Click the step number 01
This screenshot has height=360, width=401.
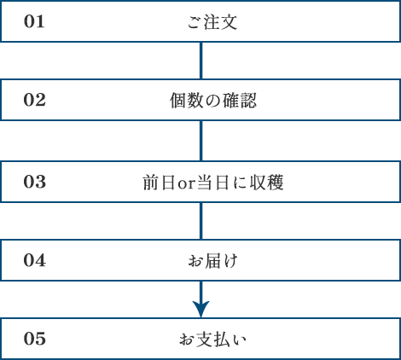point(34,21)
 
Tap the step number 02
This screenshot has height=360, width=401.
point(34,100)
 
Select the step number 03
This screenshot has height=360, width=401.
point(34,182)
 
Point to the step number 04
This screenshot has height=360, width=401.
point(34,260)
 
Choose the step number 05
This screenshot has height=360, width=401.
point(34,339)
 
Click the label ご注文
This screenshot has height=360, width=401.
point(212,22)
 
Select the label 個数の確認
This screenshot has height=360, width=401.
point(213,100)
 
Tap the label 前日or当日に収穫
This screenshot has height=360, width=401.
point(213,182)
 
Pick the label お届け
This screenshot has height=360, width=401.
point(212,260)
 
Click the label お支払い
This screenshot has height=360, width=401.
point(212,339)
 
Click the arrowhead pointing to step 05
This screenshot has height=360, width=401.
point(201,310)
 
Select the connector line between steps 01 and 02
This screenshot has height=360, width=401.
point(201,61)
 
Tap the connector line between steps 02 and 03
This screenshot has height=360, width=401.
point(201,141)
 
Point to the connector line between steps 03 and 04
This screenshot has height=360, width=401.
point(201,221)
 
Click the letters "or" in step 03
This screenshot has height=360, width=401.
point(186,184)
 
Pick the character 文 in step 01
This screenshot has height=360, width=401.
point(229,22)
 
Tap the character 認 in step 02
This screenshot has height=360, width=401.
point(248,100)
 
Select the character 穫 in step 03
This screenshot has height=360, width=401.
point(275,182)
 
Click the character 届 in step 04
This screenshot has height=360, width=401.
point(212,260)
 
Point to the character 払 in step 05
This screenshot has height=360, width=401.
point(222,339)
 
